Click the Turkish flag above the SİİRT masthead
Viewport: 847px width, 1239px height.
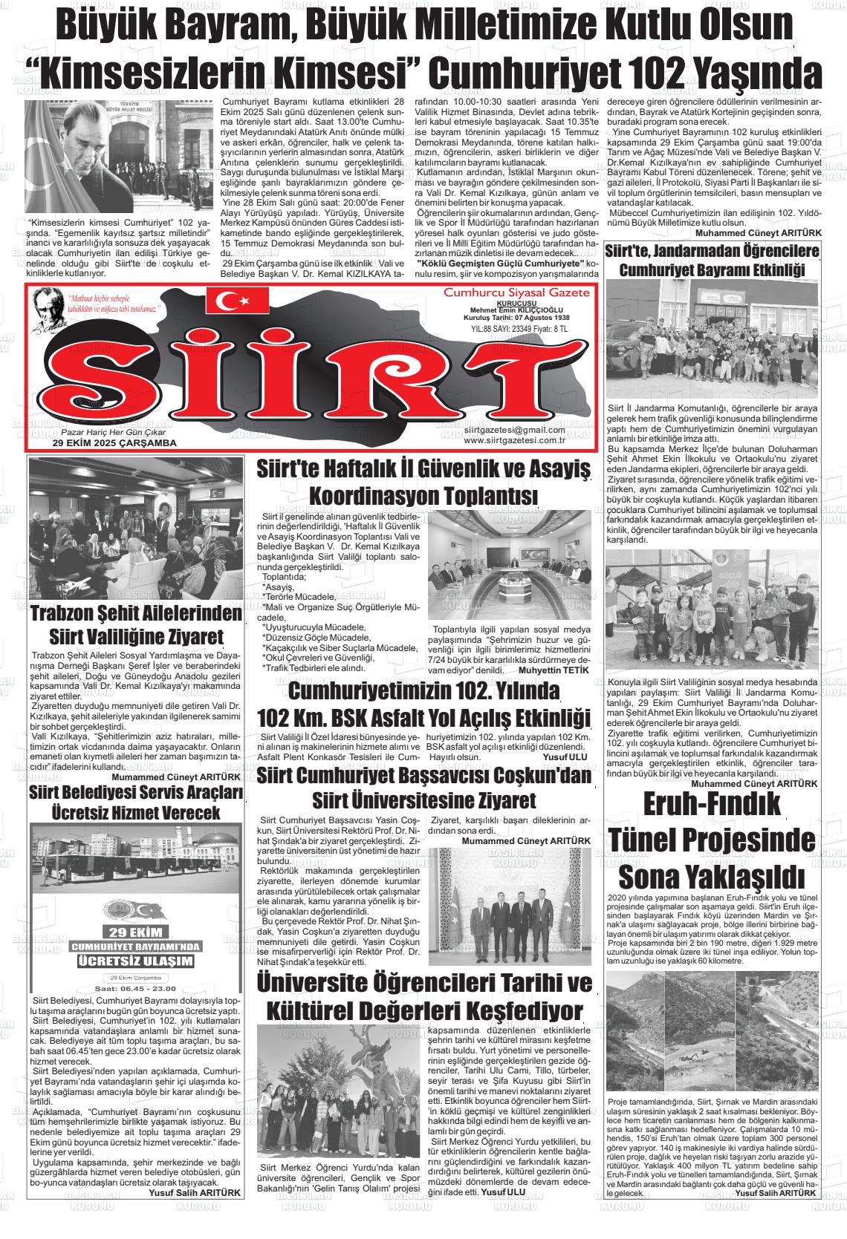click(x=238, y=301)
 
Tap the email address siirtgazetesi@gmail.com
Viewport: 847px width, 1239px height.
click(x=514, y=430)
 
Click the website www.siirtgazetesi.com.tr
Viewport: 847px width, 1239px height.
click(x=514, y=440)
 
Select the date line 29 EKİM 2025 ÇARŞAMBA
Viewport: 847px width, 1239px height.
click(x=114, y=443)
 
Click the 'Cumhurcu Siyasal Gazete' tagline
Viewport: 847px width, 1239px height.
click(x=516, y=293)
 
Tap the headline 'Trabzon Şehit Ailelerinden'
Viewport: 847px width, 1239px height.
click(x=137, y=613)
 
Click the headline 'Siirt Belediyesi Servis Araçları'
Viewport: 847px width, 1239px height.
click(x=136, y=794)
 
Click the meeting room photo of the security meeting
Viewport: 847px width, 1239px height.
click(x=509, y=566)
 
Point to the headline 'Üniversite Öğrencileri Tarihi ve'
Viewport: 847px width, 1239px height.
click(x=423, y=983)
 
